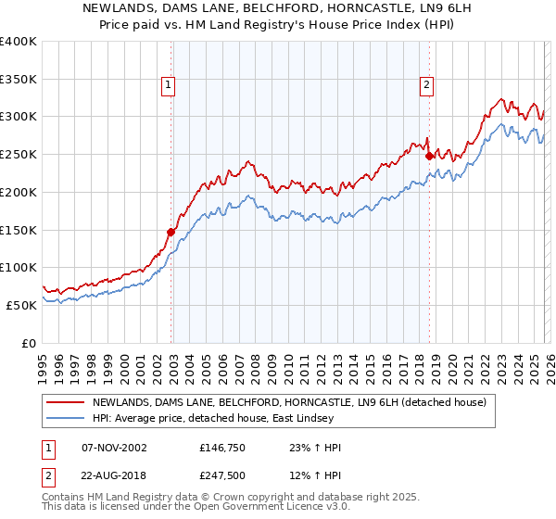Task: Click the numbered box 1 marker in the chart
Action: [169, 85]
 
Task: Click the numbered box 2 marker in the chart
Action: [426, 85]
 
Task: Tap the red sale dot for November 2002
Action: [171, 232]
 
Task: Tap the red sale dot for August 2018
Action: [429, 157]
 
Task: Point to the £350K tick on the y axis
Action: [19, 79]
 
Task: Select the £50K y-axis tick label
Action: [22, 305]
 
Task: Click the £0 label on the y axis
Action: [29, 343]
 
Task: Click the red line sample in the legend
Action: [67, 402]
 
